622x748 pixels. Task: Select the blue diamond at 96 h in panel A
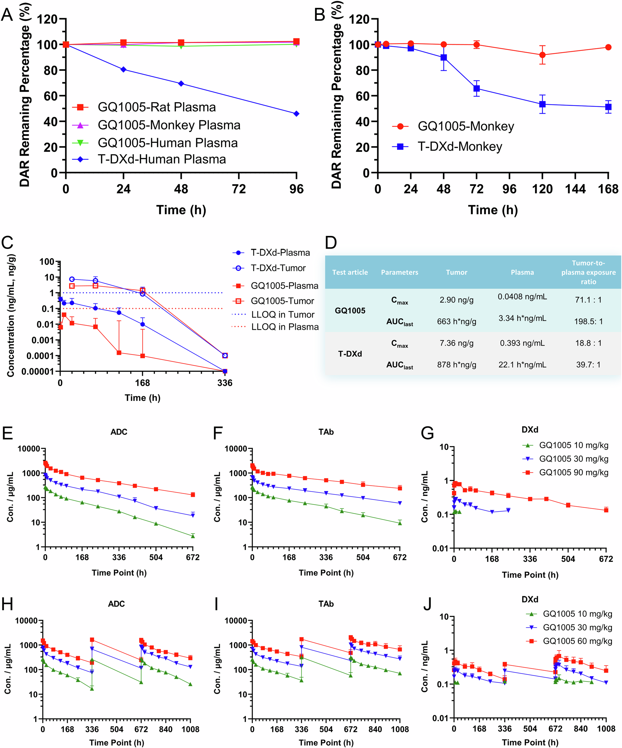(296, 114)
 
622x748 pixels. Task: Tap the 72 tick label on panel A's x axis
(239, 189)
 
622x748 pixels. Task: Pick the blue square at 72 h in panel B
(476, 88)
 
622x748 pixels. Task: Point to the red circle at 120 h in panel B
(542, 55)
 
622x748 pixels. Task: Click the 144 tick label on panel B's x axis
(575, 189)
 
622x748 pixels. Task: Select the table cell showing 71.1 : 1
(588, 300)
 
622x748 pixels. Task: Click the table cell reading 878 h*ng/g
(456, 365)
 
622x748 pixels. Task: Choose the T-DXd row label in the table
(350, 354)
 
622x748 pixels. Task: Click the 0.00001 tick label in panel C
(38, 372)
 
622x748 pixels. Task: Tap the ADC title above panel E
(119, 432)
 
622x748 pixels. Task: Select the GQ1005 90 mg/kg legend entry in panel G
(573, 472)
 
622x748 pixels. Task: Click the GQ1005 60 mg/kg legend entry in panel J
(577, 641)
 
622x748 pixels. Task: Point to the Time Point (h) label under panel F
(326, 573)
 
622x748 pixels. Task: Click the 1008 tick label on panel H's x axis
(190, 730)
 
